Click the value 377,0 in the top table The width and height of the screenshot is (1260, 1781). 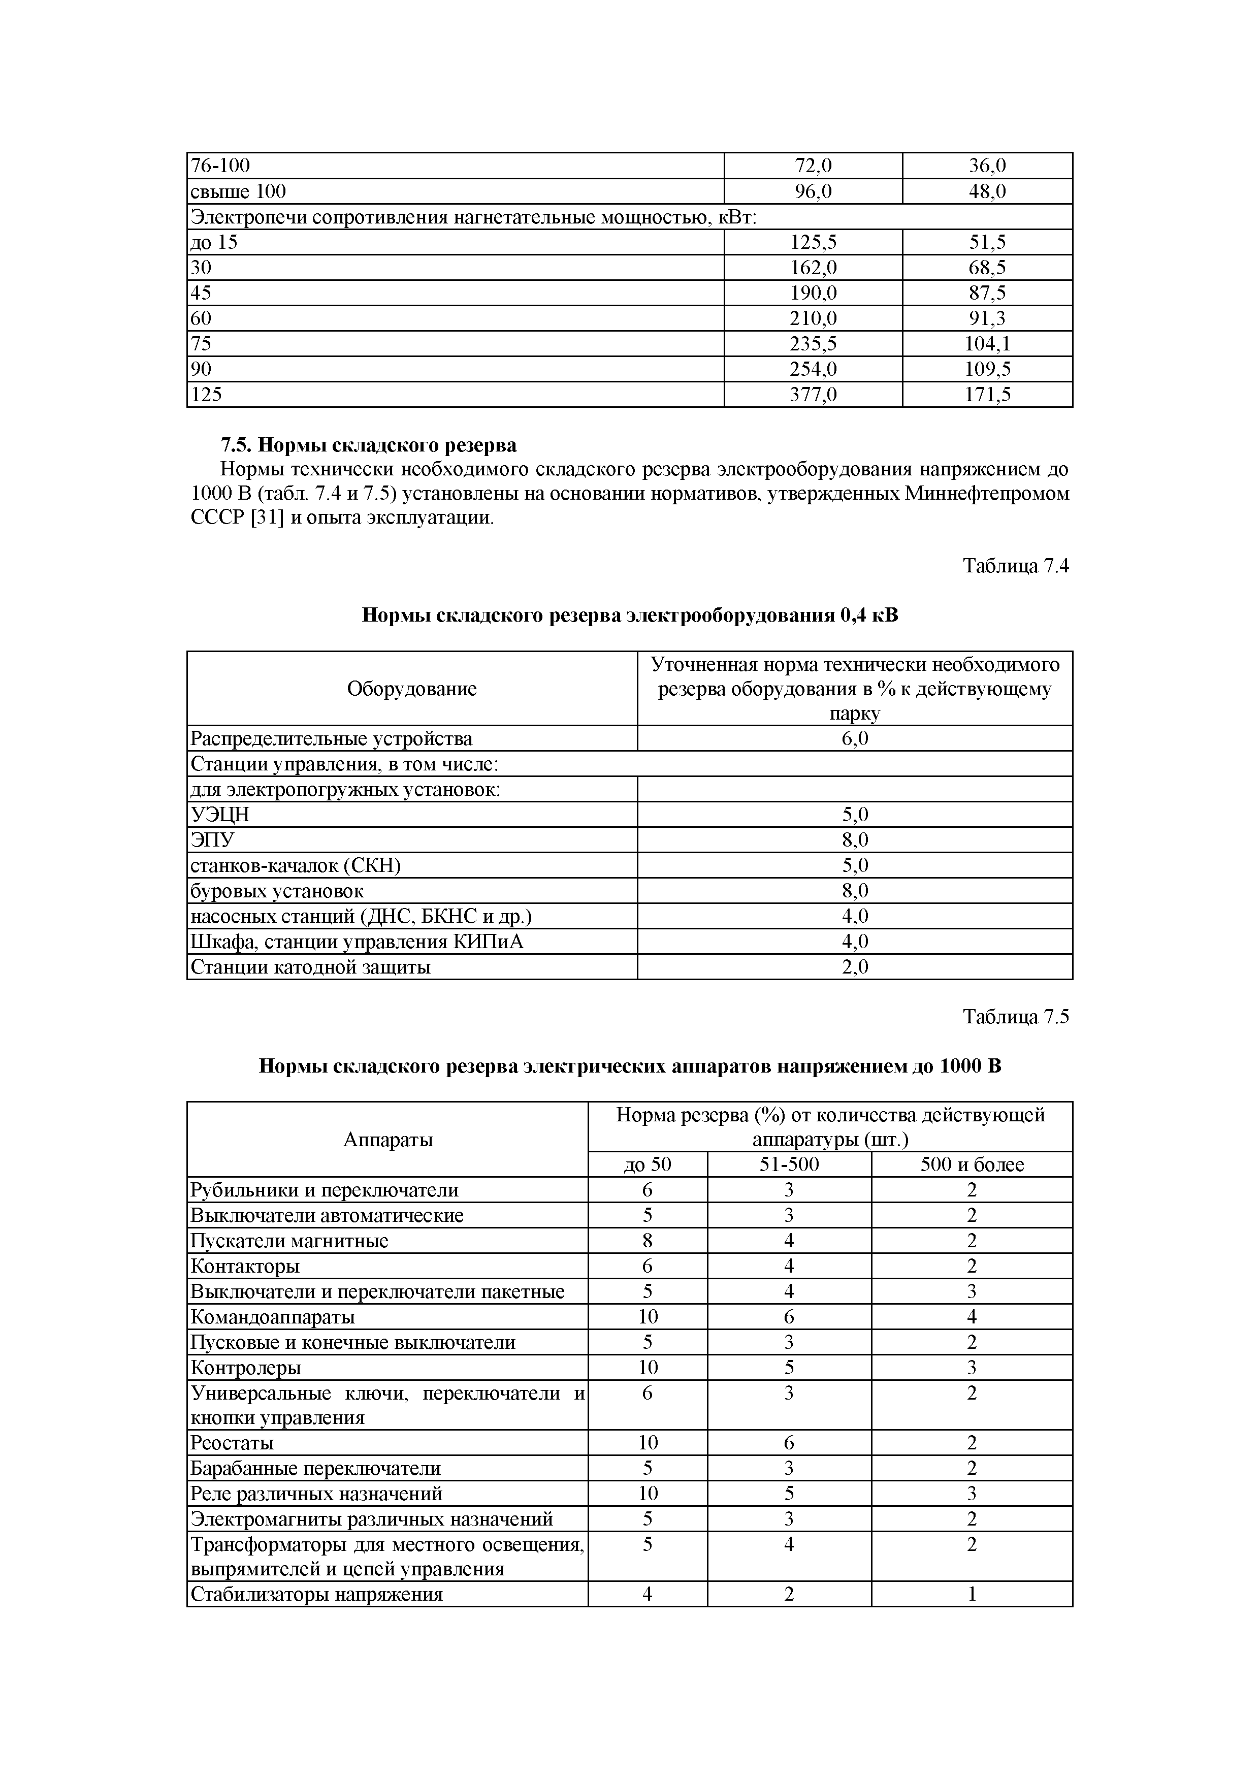(x=813, y=395)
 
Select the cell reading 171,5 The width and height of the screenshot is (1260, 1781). (x=987, y=395)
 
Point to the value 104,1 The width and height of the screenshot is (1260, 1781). (x=987, y=344)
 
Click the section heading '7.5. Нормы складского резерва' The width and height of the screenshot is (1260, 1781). (x=369, y=445)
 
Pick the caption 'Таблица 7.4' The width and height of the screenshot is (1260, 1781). (x=1016, y=566)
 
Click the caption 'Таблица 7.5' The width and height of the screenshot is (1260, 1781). (x=1016, y=1017)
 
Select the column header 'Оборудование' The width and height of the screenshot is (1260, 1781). (x=411, y=689)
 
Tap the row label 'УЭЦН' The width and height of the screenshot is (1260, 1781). (x=220, y=815)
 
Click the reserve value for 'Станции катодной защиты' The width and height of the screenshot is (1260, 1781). (x=854, y=967)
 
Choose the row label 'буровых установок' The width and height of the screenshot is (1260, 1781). (x=277, y=891)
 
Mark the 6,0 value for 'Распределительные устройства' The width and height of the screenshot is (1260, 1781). (x=854, y=738)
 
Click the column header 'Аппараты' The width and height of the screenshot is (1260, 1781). (x=387, y=1140)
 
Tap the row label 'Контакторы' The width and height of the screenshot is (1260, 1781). (x=245, y=1267)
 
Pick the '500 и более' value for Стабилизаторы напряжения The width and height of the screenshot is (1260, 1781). (x=972, y=1595)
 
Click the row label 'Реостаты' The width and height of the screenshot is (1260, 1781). (x=232, y=1443)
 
